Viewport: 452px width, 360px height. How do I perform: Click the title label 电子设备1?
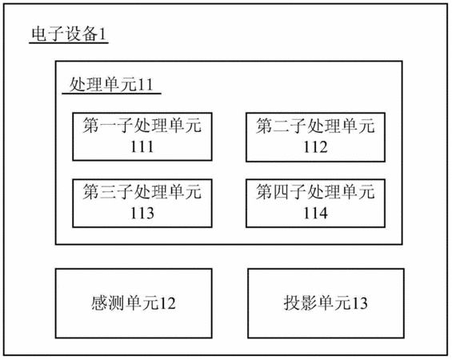point(69,34)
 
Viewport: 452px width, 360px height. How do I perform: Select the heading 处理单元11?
point(111,85)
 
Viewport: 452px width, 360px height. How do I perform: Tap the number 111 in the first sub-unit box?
point(142,146)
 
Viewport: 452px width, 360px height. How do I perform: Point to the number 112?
point(315,147)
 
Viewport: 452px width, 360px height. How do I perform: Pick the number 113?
point(142,213)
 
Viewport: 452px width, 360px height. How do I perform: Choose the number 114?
point(315,213)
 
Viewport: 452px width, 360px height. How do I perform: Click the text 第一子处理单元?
point(142,126)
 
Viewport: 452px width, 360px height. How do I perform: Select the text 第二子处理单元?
point(315,126)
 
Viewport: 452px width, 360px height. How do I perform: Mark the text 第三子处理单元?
point(142,192)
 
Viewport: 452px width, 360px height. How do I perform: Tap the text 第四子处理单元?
point(315,192)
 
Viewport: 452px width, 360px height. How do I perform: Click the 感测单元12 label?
point(133,303)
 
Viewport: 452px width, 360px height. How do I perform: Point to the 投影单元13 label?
point(326,303)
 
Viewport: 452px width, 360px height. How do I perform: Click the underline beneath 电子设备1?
point(69,43)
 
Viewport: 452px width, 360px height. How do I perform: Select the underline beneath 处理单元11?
point(111,94)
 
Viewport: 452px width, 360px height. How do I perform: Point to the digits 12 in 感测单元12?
point(167,303)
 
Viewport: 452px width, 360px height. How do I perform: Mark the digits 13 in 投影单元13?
point(359,303)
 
